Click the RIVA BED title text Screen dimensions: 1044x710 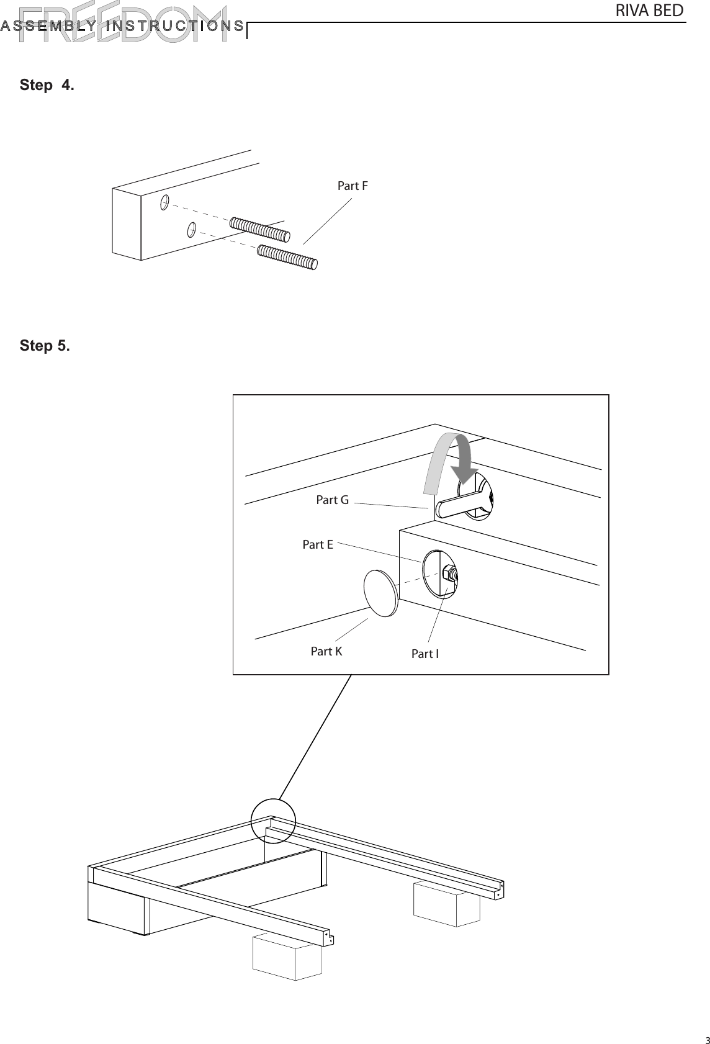pos(649,11)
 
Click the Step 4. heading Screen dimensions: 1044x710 pos(47,85)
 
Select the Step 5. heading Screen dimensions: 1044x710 pos(45,345)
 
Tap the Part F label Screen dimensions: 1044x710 pos(353,186)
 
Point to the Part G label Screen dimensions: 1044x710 pos(332,500)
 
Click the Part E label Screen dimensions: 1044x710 pos(318,544)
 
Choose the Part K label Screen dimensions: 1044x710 pos(326,651)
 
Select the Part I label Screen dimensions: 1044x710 pos(425,654)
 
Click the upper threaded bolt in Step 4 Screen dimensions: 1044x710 pos(260,229)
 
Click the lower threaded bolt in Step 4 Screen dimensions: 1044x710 pos(287,257)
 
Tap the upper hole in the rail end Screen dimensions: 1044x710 pos(165,202)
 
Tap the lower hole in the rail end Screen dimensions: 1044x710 pos(192,229)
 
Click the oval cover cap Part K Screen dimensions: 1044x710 pos(380,593)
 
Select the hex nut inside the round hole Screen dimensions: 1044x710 pos(449,574)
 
